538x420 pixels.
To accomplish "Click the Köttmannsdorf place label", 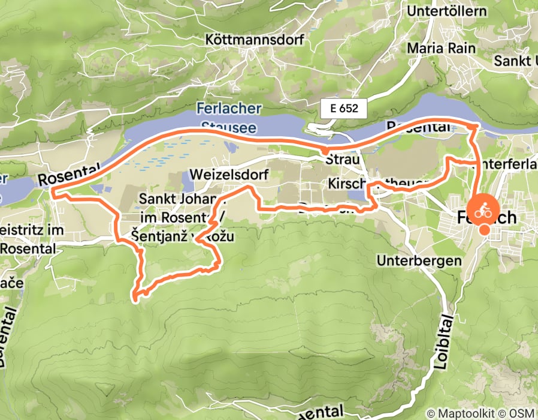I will pos(255,40).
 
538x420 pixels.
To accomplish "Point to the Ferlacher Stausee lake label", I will pos(229,118).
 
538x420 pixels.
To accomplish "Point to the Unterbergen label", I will pos(419,260).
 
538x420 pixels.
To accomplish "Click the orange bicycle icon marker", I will pos(483,211).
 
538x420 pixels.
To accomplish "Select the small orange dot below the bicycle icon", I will pos(484,229).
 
